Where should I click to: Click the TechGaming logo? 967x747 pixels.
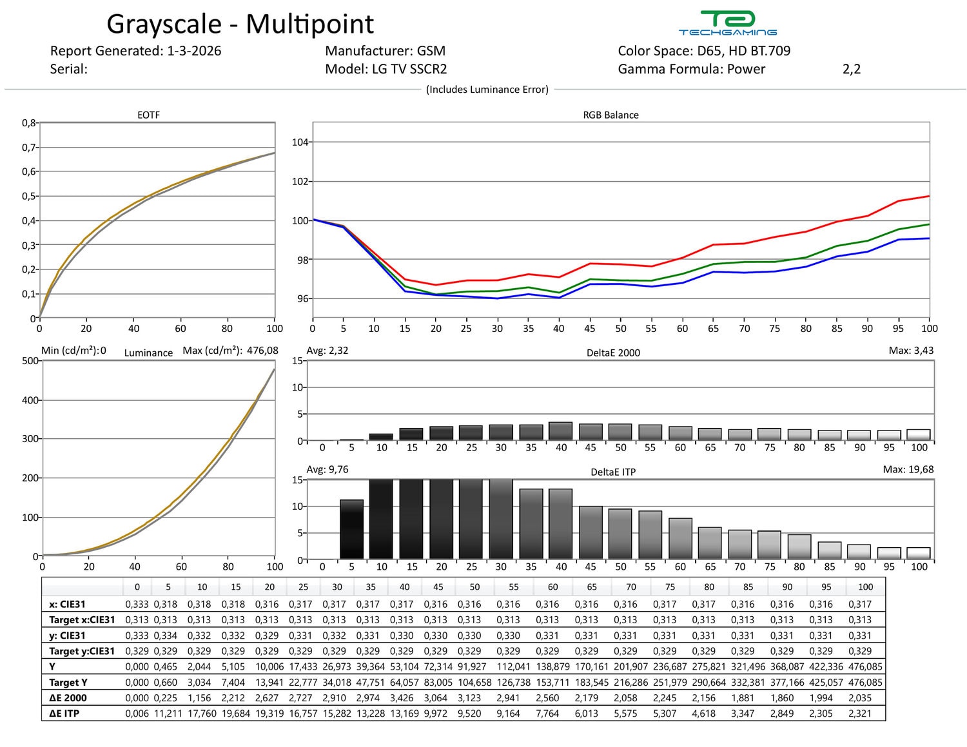pyautogui.click(x=727, y=23)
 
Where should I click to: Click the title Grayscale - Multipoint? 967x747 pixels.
pyautogui.click(x=240, y=24)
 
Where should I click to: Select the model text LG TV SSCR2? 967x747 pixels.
pyautogui.click(x=409, y=69)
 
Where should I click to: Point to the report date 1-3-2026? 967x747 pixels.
pyautogui.click(x=193, y=51)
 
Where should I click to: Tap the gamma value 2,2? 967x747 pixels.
pyautogui.click(x=851, y=69)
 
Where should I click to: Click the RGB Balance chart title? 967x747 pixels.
pyautogui.click(x=610, y=115)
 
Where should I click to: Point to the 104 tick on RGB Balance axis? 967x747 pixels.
pyautogui.click(x=300, y=142)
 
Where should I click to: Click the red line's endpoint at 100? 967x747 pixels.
pyautogui.click(x=929, y=196)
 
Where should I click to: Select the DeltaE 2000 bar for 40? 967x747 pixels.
pyautogui.click(x=561, y=431)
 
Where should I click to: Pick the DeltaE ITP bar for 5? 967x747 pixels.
pyautogui.click(x=351, y=529)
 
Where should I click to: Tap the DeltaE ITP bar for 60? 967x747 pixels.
pyautogui.click(x=680, y=538)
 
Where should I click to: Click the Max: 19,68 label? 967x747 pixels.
pyautogui.click(x=908, y=469)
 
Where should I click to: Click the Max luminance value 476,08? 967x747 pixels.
pyautogui.click(x=262, y=351)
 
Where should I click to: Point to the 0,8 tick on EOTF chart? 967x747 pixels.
pyautogui.click(x=30, y=122)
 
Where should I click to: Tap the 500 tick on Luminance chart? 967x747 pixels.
pyautogui.click(x=30, y=361)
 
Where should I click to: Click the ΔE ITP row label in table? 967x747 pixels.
pyautogui.click(x=64, y=713)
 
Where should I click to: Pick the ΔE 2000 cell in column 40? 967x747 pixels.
pyautogui.click(x=404, y=698)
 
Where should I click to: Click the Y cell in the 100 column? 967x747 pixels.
pyautogui.click(x=865, y=666)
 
